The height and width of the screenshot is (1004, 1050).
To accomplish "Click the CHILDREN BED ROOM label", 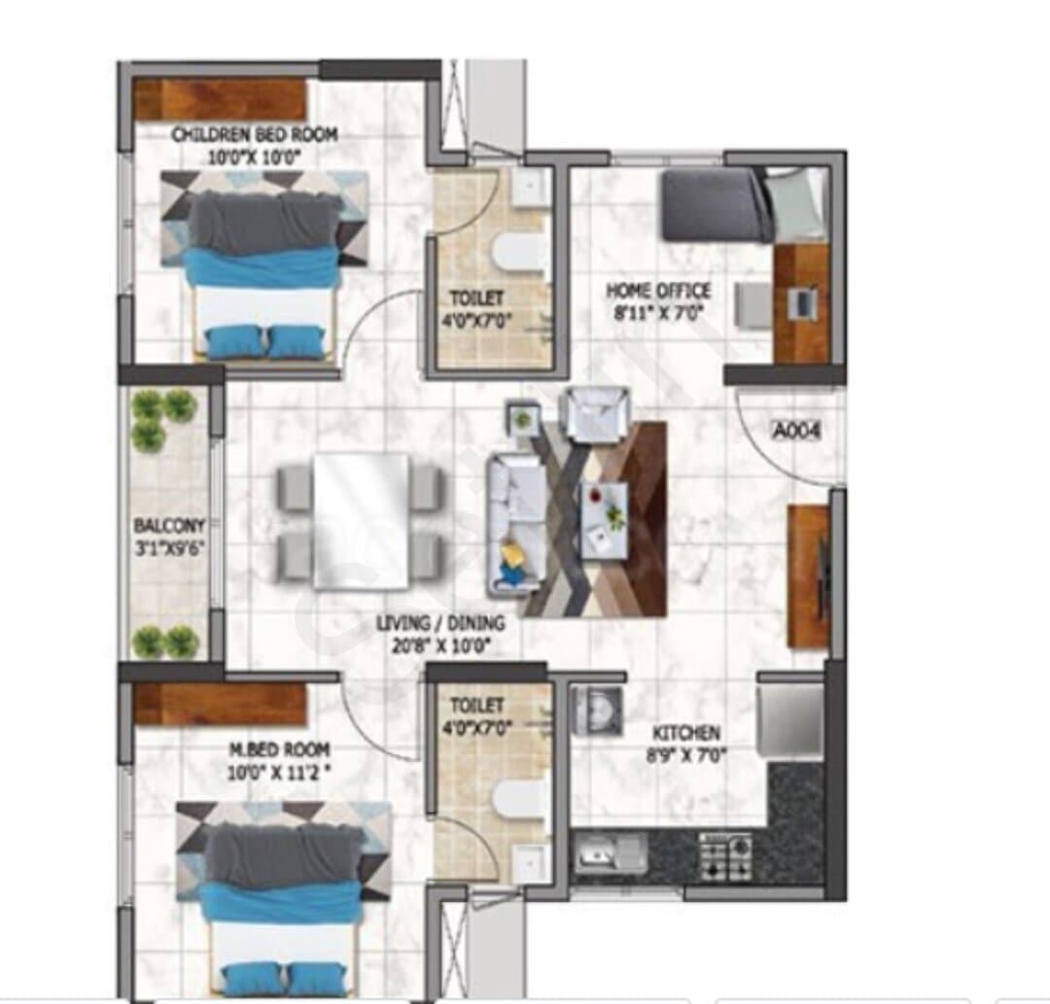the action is pyautogui.click(x=255, y=134).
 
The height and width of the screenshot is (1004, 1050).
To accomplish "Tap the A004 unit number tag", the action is pyautogui.click(x=796, y=430).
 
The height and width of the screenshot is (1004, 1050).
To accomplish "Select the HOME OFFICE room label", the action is pyautogui.click(x=658, y=291).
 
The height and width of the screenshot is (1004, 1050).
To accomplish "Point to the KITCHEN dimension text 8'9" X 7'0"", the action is pyautogui.click(x=686, y=756).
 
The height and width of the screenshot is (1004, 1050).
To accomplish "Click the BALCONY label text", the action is pyautogui.click(x=169, y=525).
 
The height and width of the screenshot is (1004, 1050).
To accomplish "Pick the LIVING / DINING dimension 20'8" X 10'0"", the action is pyautogui.click(x=440, y=646).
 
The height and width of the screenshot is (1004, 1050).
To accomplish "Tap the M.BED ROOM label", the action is pyautogui.click(x=279, y=749).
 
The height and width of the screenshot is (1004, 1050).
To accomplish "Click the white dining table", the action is pyautogui.click(x=361, y=521).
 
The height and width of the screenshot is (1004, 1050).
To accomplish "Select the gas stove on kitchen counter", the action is pyautogui.click(x=724, y=856).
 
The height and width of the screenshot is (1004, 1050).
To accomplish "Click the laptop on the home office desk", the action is pyautogui.click(x=801, y=302).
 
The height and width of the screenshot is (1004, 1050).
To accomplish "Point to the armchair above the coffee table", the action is pyautogui.click(x=597, y=415).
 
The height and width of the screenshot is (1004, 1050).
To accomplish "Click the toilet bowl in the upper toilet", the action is pyautogui.click(x=517, y=254).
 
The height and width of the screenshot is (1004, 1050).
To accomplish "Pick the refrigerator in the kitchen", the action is pyautogui.click(x=790, y=718).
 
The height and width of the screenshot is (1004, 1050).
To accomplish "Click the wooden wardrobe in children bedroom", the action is pyautogui.click(x=221, y=100).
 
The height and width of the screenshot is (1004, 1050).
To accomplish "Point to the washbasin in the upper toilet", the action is pyautogui.click(x=530, y=189).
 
